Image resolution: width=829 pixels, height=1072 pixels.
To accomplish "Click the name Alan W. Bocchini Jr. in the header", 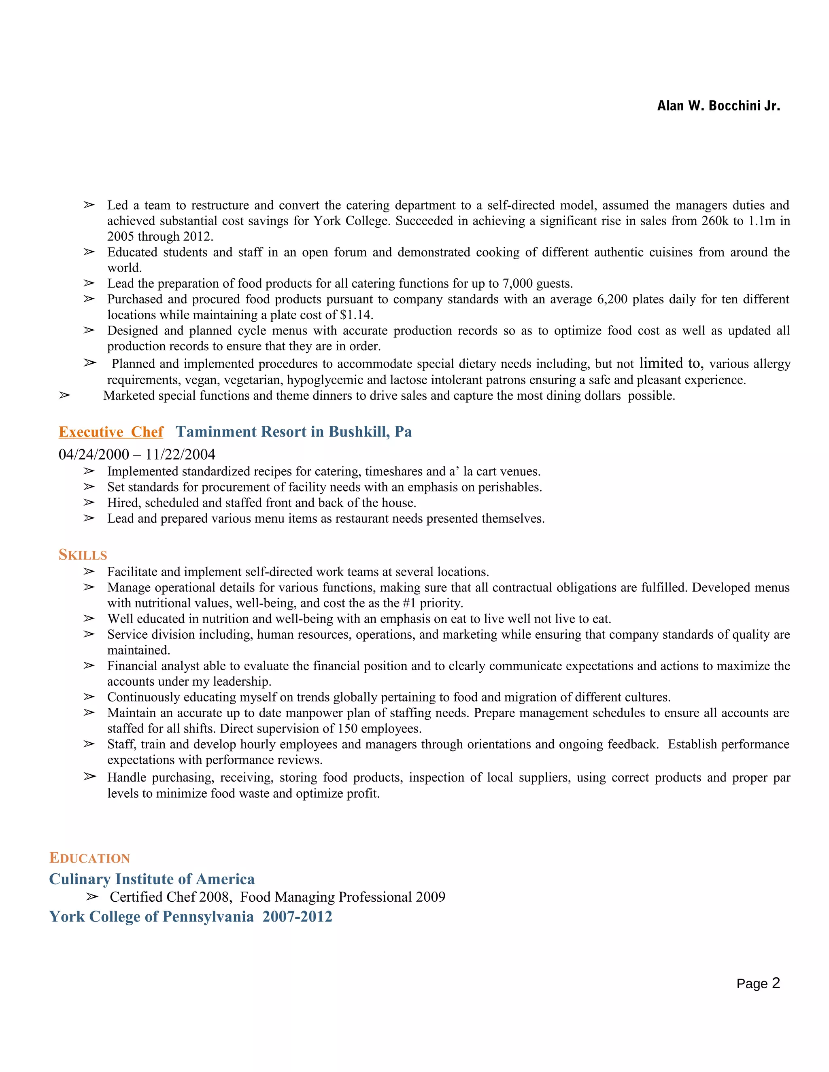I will pos(718,106).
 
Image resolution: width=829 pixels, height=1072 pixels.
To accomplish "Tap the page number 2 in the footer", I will pos(776,983).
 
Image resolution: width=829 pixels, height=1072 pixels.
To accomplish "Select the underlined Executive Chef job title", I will pos(111,432).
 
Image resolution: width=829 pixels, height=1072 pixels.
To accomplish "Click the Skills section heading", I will pos(83,555).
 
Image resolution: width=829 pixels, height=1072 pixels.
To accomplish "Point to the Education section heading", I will pos(89,858).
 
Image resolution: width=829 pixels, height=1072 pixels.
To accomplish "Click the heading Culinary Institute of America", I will pos(152,879).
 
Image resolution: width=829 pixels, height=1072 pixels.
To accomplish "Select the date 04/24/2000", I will pos(94,455).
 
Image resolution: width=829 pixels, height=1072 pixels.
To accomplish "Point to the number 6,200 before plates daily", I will pos(612,299).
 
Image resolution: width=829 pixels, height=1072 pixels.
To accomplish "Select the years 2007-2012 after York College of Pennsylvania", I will pos(297,916).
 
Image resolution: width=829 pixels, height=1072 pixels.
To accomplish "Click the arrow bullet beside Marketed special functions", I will pos(64,395).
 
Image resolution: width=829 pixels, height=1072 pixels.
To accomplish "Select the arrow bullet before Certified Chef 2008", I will pos(91,897).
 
